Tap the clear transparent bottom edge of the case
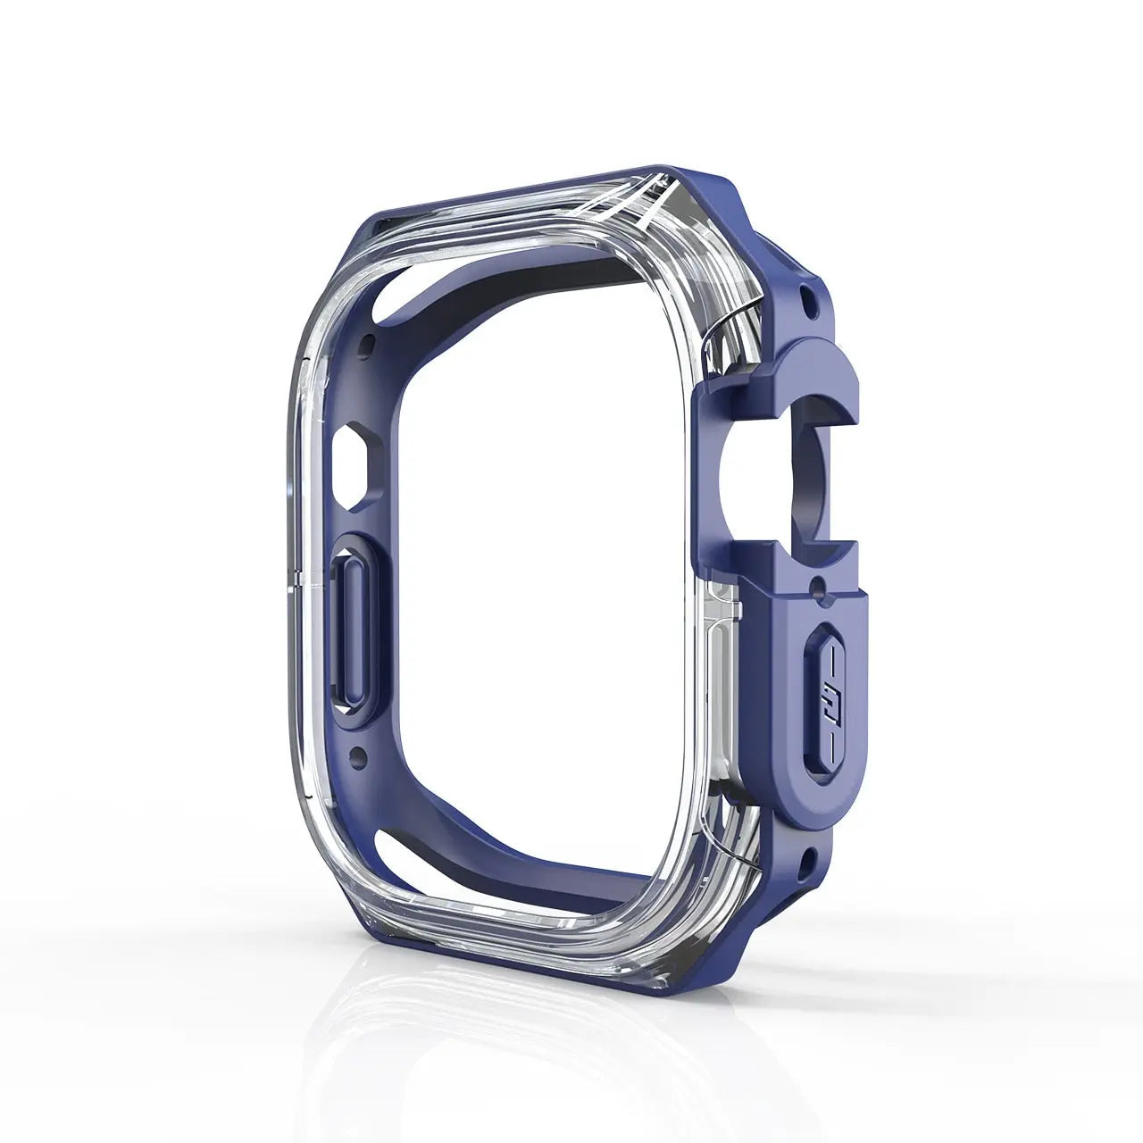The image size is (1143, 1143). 500,920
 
